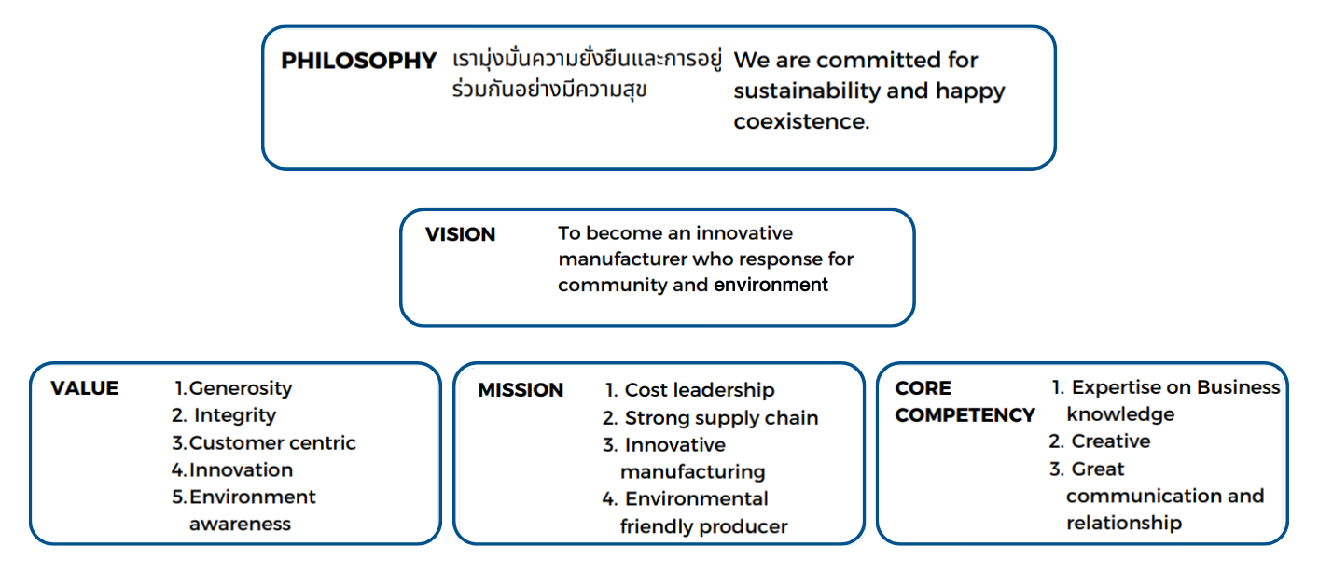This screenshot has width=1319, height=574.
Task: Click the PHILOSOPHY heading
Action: [x=358, y=61]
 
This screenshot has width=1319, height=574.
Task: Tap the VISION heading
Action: [x=460, y=234]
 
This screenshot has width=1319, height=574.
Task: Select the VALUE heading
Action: [x=84, y=388]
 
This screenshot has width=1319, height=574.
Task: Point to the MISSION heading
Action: [x=521, y=390]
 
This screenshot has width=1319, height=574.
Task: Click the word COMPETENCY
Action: [x=965, y=415]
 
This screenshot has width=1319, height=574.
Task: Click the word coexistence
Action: [x=801, y=121]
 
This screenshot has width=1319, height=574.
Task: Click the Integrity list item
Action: [x=224, y=416]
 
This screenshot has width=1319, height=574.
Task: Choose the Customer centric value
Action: [x=264, y=442]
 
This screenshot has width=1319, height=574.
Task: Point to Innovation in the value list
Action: [x=232, y=469]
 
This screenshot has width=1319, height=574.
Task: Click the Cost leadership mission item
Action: [x=689, y=390]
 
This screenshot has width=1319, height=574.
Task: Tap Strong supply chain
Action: [x=710, y=418]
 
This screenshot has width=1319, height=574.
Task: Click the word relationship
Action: [x=1124, y=524]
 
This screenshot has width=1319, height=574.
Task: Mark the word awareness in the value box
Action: [x=241, y=524]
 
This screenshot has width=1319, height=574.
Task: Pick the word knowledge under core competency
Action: [x=1120, y=414]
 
